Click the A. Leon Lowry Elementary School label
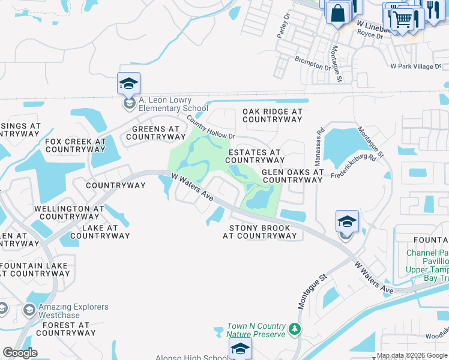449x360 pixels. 165,104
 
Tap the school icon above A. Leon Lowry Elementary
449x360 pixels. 128,83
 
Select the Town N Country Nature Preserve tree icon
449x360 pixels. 294,329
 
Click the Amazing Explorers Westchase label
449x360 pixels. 73,311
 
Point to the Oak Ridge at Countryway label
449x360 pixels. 273,115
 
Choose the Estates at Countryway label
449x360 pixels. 255,156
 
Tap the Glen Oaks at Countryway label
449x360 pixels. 293,176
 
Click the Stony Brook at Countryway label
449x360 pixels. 260,232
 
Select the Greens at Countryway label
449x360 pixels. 155,133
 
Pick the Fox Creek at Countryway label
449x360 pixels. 76,145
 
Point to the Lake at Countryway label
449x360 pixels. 100,232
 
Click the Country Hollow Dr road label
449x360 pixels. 210,128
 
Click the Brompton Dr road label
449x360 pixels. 313,63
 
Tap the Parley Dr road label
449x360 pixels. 283,26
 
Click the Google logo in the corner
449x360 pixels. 20,353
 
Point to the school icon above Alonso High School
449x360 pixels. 240,349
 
